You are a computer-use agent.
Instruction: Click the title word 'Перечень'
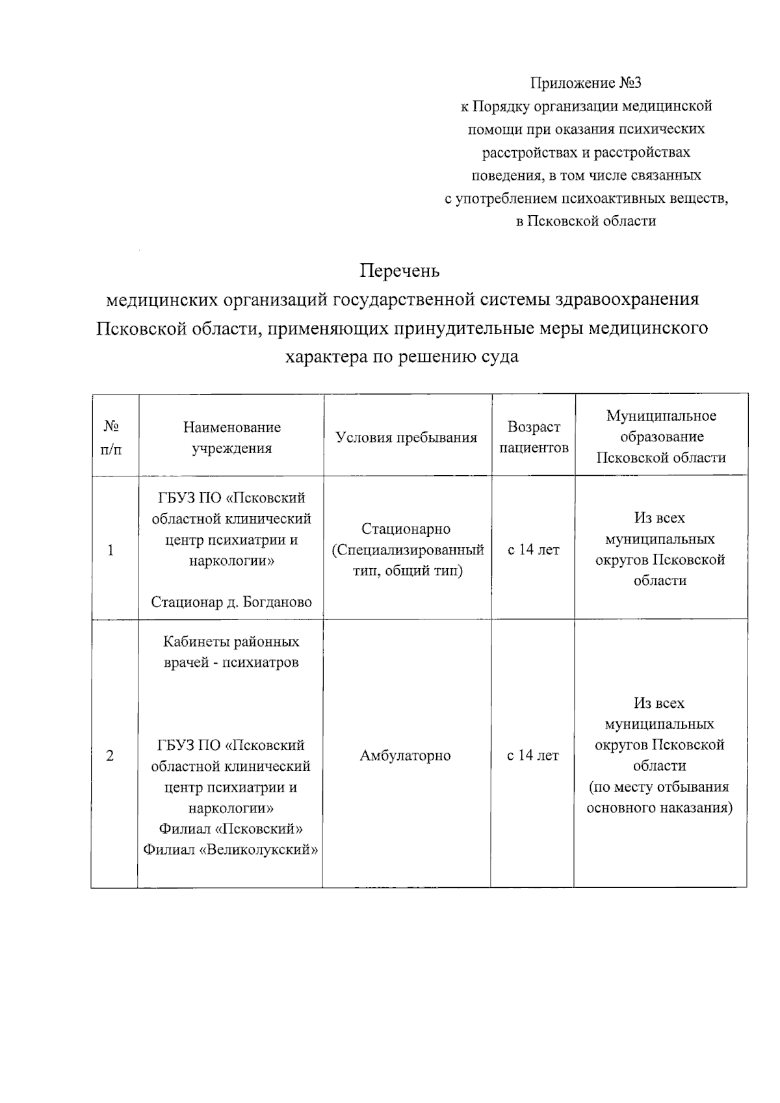pos(400,270)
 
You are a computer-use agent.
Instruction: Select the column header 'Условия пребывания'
pos(406,437)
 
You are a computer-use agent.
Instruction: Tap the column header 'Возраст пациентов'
pos(534,437)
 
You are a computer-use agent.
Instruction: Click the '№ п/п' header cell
pos(111,437)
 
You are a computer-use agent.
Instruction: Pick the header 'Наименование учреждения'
pos(231,437)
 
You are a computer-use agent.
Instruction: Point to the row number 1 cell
pos(111,550)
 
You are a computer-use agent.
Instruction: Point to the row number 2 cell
pos(110,756)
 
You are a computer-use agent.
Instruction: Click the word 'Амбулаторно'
pos(405,756)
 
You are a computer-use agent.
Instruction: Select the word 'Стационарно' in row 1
pos(406,529)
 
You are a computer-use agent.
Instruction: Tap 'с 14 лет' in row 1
pos(533,550)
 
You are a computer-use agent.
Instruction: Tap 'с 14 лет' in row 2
pos(533,756)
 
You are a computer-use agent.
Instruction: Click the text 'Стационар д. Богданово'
pos(231,602)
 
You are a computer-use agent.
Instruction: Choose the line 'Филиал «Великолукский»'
pos(231,850)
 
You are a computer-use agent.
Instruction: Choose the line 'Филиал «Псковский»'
pos(231,829)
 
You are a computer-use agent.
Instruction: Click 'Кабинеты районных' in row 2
pos(231,642)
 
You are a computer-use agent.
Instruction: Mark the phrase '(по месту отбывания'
pos(659,787)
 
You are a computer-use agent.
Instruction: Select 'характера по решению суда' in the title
pos(402,357)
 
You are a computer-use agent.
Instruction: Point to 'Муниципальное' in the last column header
pos(661,416)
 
